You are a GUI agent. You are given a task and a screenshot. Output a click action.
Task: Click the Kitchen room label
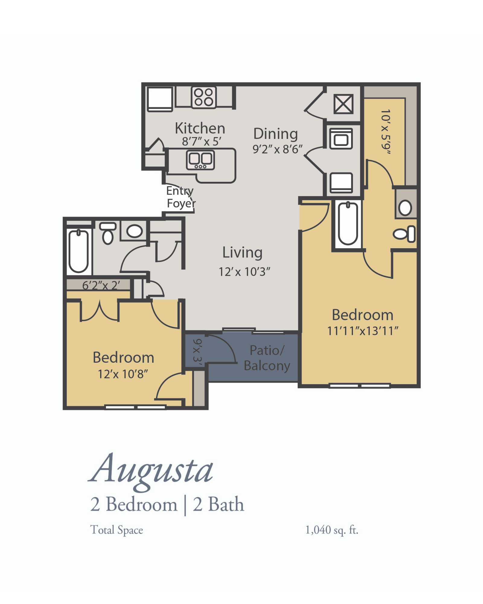tap(200, 128)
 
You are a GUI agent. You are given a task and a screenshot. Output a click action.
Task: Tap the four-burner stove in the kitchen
tap(204, 97)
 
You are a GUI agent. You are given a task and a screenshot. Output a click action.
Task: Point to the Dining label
tap(276, 134)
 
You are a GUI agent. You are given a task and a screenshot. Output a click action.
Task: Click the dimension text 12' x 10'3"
tap(244, 272)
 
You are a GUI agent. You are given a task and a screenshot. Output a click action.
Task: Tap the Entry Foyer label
tap(181, 197)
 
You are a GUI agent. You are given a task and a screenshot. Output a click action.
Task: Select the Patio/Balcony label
tap(267, 358)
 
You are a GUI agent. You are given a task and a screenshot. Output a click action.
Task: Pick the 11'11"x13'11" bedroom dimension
tap(363, 331)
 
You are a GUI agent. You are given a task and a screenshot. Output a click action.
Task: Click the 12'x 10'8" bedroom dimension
tap(123, 374)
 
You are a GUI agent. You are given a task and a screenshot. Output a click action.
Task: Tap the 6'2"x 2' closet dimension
tap(101, 285)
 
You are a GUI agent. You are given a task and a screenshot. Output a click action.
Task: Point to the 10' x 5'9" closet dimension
tap(386, 132)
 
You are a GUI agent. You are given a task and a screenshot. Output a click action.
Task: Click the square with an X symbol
tap(343, 104)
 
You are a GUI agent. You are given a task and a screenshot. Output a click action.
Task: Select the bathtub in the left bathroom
tap(78, 251)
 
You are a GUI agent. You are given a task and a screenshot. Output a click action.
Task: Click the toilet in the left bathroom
tap(108, 233)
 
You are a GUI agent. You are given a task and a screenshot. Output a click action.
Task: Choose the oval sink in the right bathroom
tap(405, 208)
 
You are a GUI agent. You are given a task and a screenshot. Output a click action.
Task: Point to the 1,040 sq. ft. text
tap(332, 530)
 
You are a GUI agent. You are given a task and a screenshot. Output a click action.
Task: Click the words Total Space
tap(117, 530)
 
